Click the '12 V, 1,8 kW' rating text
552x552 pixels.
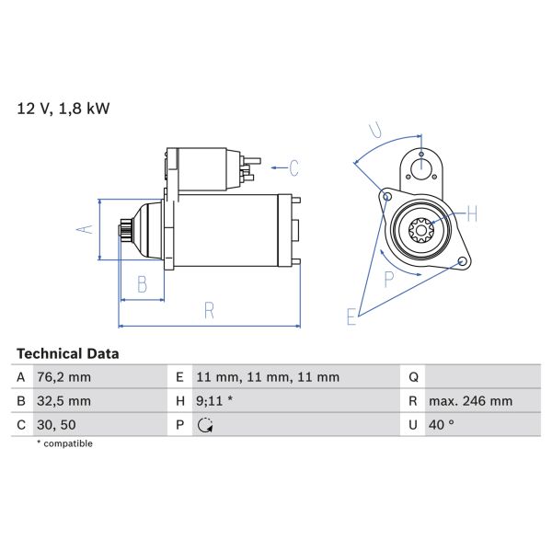point(63,109)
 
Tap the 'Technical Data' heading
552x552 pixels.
point(67,353)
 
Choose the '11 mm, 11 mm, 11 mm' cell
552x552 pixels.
point(268,377)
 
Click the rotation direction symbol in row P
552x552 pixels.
point(205,425)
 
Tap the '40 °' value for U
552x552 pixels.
point(443,425)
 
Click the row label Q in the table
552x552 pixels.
point(414,377)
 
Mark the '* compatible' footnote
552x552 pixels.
point(64,443)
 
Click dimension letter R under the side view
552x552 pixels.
point(209,311)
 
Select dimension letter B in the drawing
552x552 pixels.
point(142,285)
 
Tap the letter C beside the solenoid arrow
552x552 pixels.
point(294,168)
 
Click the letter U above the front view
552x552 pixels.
point(374,130)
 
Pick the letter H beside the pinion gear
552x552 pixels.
point(472,215)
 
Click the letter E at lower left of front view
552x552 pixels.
point(351,317)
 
